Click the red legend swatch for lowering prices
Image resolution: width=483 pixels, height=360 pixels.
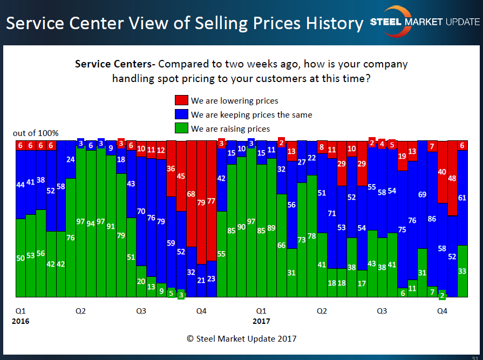181,100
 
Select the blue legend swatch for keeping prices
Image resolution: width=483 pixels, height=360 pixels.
181,114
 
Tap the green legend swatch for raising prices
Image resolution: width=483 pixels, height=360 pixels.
181,128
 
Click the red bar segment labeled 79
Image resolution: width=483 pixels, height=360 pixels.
201,202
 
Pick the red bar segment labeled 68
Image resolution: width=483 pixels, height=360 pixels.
191,193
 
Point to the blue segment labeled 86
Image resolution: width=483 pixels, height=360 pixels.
432,219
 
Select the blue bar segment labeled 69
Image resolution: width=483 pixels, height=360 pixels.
423,194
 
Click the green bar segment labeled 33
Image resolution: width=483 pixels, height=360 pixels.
462,271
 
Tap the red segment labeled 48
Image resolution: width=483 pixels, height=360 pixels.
452,178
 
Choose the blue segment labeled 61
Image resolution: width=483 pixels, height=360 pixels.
462,198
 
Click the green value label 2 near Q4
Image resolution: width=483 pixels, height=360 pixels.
442,295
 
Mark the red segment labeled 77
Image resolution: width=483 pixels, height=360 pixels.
212,201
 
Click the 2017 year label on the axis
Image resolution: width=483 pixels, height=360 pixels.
262,321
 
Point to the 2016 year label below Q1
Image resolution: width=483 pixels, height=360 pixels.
21,321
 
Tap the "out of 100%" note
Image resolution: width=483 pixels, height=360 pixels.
36,133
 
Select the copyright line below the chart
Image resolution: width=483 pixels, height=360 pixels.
241,339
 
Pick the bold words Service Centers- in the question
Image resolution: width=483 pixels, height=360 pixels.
115,64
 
